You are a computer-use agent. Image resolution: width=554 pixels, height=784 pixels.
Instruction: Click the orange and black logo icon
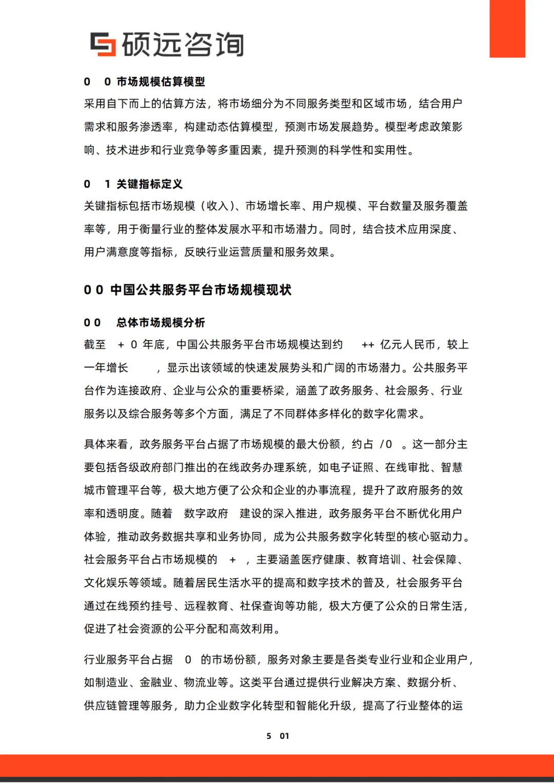point(103,44)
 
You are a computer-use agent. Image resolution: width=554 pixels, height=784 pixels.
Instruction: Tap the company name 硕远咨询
point(183,44)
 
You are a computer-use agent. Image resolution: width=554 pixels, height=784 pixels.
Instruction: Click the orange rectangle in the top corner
point(507,28)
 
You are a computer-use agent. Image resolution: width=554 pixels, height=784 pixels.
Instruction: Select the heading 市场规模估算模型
point(161,82)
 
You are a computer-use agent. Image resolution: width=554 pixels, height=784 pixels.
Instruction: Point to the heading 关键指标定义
point(149,184)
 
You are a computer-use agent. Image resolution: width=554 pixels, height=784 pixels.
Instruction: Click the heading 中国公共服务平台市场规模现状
point(201,290)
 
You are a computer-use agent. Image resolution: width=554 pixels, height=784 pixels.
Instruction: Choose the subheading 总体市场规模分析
point(161,322)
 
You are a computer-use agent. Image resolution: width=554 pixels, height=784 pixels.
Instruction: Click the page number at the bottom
point(278,736)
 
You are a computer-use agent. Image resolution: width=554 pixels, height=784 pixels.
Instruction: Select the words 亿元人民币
point(407,344)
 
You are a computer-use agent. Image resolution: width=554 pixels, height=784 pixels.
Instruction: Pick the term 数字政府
point(206,514)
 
